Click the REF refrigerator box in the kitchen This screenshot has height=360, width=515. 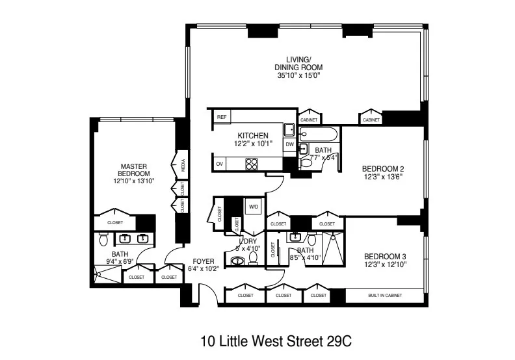222,117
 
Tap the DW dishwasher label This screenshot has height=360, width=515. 290,144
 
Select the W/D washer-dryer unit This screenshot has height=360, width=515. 252,207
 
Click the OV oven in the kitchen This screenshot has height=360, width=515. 220,163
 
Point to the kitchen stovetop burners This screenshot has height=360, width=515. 251,163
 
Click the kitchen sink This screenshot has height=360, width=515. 289,129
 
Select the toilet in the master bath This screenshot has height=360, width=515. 103,241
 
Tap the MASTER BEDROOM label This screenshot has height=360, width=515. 135,170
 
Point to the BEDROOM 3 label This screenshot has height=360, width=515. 385,256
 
